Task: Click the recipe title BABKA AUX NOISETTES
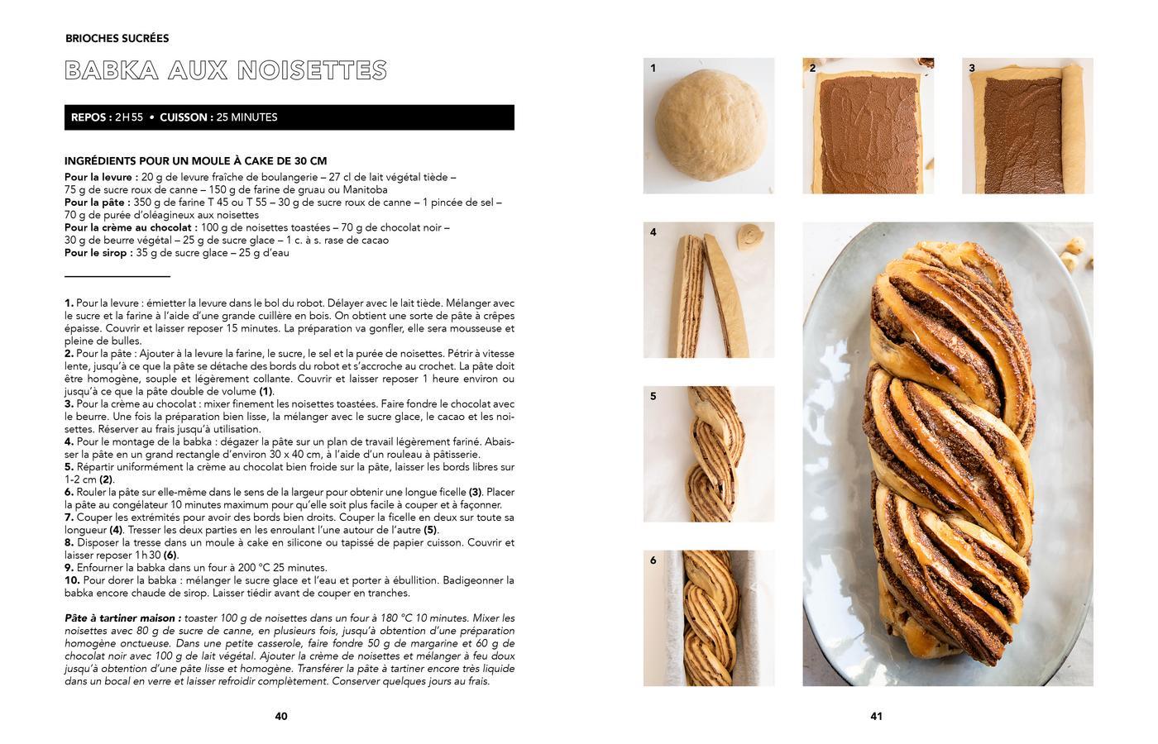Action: (225, 70)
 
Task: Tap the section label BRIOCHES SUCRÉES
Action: (117, 38)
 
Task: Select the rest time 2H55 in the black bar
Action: (129, 117)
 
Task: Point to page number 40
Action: (281, 716)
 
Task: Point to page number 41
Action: (876, 716)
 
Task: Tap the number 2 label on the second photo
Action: (812, 68)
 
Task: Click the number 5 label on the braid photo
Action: (653, 396)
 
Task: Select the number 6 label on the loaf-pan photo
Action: (653, 560)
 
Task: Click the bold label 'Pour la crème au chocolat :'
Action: (131, 227)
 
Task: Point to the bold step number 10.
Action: (72, 580)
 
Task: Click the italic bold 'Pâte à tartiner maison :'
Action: (122, 618)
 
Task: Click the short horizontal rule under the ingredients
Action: (117, 275)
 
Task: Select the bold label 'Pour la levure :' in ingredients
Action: (101, 177)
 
